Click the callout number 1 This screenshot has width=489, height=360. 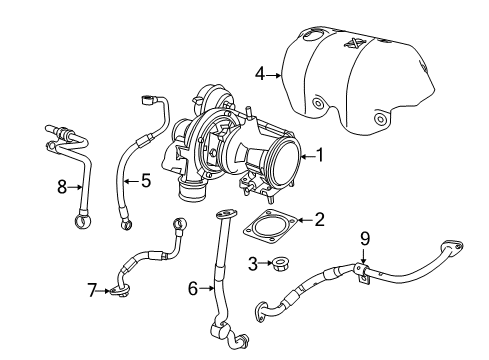pyautogui.click(x=320, y=155)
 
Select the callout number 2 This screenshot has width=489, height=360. pyautogui.click(x=319, y=218)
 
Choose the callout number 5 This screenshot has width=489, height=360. pyautogui.click(x=146, y=181)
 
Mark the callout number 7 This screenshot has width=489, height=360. pyautogui.click(x=92, y=291)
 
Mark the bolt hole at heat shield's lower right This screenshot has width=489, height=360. pyautogui.click(x=380, y=120)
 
